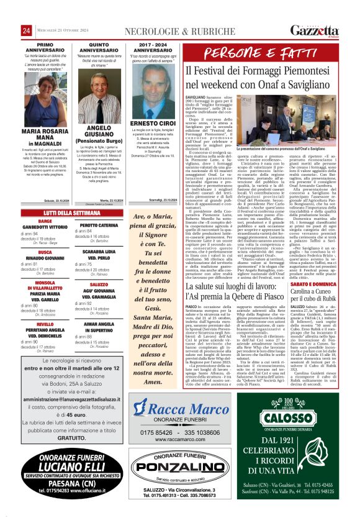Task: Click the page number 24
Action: pos(27,30)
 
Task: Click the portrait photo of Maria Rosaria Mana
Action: pos(45,100)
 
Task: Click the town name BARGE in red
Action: pos(45,221)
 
